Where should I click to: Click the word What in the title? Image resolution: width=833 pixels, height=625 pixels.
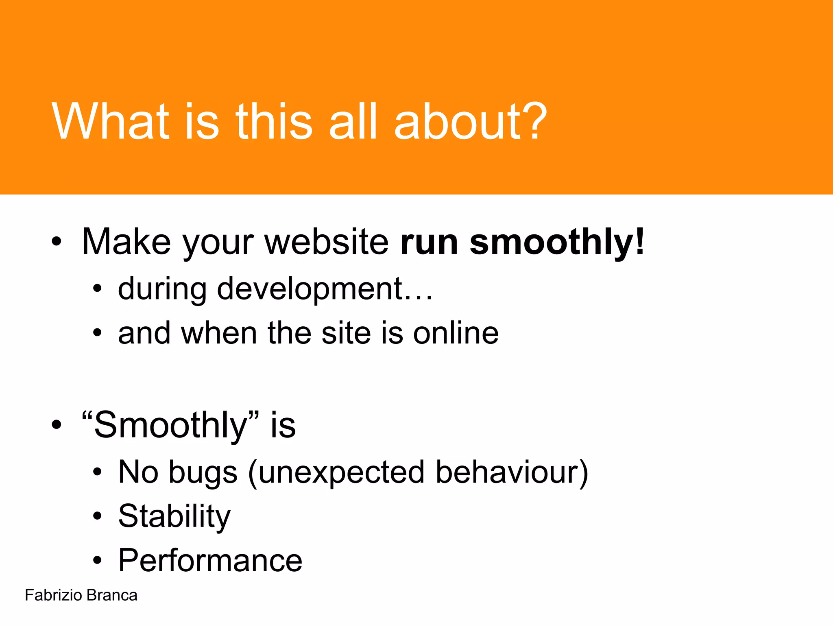(110, 122)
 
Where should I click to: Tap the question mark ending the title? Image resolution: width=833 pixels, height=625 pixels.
(529, 122)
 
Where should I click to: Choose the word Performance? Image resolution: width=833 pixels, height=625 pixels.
(210, 561)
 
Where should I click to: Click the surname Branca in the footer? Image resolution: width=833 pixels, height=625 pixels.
(112, 595)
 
